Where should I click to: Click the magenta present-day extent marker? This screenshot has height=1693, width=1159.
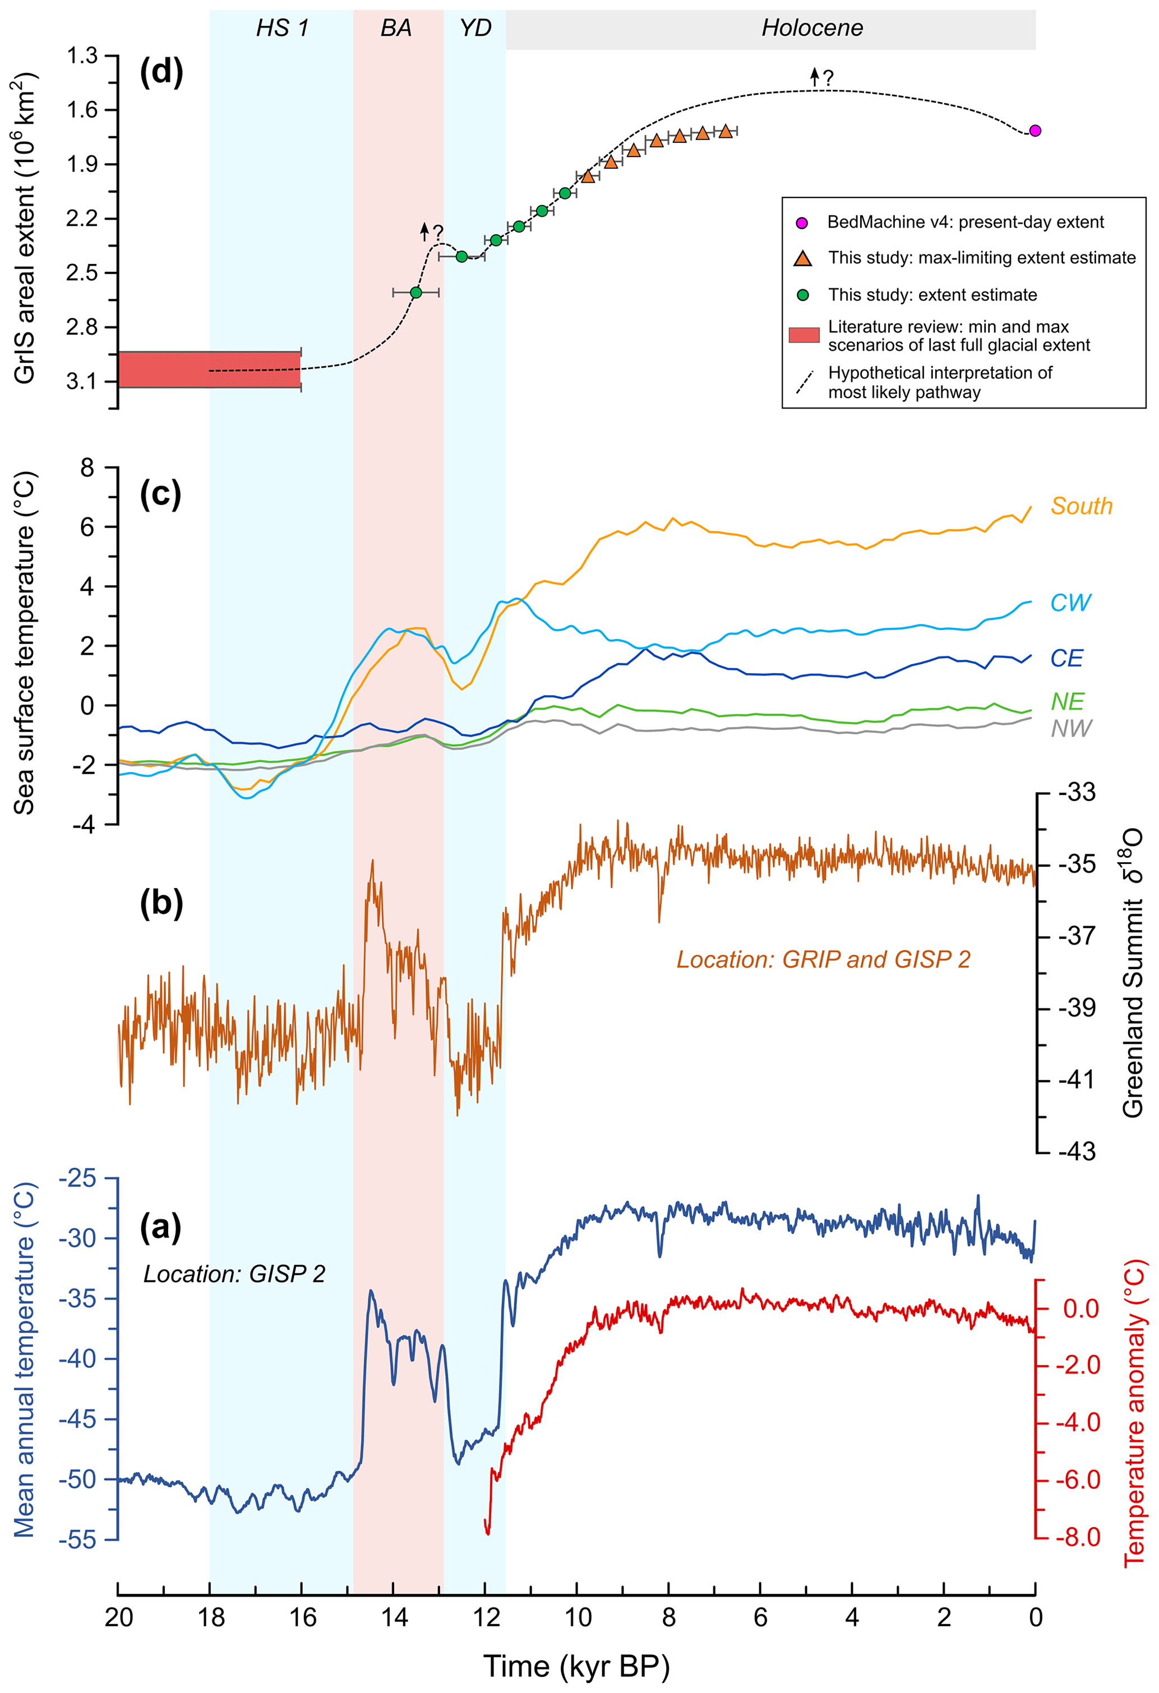(1035, 131)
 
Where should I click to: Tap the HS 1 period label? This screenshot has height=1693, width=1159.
(282, 29)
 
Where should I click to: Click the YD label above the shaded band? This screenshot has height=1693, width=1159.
(475, 29)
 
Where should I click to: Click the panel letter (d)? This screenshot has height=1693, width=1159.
(161, 72)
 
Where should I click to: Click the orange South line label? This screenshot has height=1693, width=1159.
(1081, 506)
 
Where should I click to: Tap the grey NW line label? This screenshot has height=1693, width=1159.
(1071, 728)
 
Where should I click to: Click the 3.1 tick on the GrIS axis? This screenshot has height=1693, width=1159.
(82, 381)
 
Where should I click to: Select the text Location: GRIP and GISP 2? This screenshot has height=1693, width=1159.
(823, 959)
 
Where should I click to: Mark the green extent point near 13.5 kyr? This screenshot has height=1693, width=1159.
(416, 292)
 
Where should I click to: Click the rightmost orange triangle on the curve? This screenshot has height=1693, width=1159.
(726, 131)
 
